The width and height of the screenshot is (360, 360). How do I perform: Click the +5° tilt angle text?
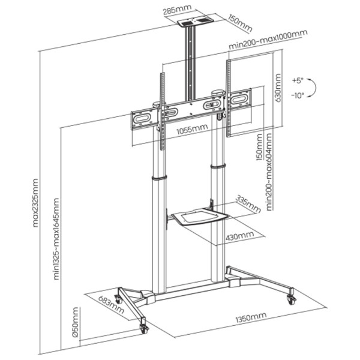pos(298,80)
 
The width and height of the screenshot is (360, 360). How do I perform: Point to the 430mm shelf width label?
pos(240,236)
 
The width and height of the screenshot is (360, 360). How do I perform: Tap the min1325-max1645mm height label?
pos(58,240)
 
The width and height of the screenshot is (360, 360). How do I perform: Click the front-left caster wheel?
pos(144,328)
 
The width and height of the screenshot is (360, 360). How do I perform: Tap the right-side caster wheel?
pos(292,297)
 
